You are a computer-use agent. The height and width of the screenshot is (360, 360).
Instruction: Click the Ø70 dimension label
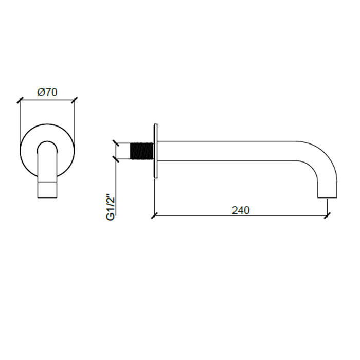pyautogui.click(x=47, y=92)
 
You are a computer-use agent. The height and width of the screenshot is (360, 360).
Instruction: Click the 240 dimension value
pyautogui.click(x=241, y=210)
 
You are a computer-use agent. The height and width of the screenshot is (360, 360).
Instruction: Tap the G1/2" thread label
pyautogui.click(x=111, y=208)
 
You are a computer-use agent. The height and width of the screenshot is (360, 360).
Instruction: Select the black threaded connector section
pyautogui.click(x=141, y=151)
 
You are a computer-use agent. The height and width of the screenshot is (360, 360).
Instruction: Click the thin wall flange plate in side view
pyautogui.click(x=156, y=151)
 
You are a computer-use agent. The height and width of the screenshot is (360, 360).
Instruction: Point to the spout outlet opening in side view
pyautogui.click(x=327, y=197)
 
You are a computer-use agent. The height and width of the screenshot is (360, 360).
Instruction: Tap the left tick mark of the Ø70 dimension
pyautogui.click(x=20, y=100)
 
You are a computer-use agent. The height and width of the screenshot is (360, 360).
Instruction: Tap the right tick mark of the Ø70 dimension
pyautogui.click(x=75, y=100)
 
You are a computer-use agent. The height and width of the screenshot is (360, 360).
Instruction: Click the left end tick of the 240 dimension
pyautogui.click(x=154, y=215)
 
